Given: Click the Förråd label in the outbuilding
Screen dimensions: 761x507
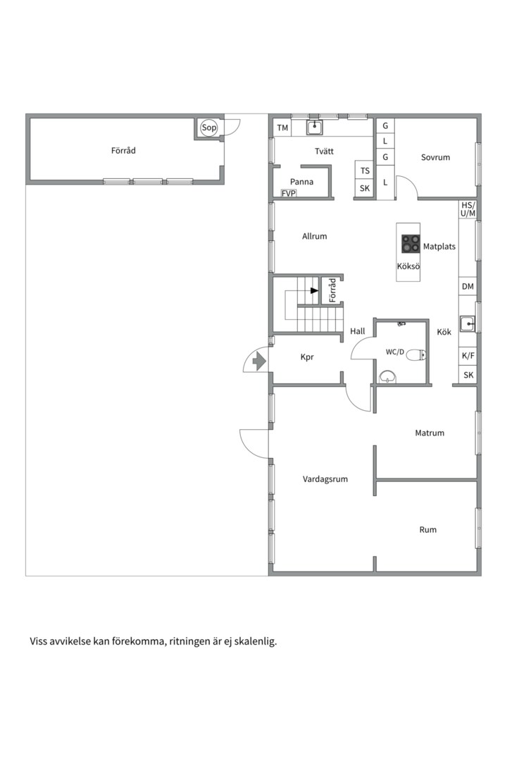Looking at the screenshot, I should click(123, 150).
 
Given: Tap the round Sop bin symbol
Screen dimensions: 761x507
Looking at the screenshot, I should click(208, 128).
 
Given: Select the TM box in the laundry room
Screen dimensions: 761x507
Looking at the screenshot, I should click(282, 128).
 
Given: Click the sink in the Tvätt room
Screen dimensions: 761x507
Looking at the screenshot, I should click(315, 128).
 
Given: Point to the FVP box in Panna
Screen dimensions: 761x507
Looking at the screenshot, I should click(288, 192).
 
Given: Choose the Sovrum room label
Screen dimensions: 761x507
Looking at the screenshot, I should click(435, 157).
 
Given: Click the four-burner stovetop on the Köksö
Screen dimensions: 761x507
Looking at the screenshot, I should click(410, 244).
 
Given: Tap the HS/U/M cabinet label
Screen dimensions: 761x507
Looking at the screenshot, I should click(468, 209).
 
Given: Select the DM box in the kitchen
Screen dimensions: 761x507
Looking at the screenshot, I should click(468, 287).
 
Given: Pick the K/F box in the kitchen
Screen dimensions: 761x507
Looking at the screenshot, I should click(468, 357).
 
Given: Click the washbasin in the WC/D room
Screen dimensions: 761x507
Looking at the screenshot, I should click(387, 378).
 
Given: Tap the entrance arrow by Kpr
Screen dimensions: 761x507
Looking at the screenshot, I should click(258, 361).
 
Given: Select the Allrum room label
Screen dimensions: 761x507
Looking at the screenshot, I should click(314, 237).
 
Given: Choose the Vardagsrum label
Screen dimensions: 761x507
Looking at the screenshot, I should click(325, 479).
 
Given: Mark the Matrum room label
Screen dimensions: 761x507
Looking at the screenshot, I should click(430, 433).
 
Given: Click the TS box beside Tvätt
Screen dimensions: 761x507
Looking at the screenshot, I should click(365, 171).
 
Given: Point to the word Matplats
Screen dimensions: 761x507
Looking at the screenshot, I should click(439, 247).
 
